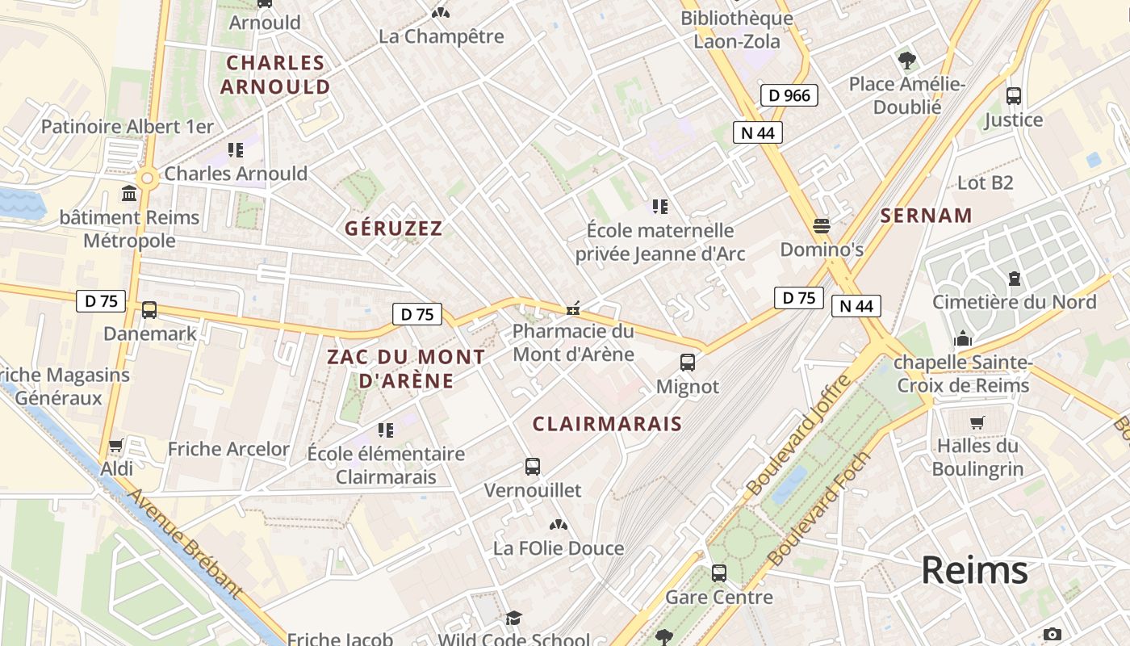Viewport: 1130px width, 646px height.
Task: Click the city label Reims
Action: pos(974,570)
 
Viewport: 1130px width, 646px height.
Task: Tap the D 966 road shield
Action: pos(789,95)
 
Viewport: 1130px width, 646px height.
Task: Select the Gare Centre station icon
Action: pos(719,573)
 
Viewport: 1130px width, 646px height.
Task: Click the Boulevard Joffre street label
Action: pos(798,435)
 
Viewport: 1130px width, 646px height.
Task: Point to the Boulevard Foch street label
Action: pos(819,508)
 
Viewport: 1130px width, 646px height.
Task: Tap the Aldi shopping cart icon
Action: pos(116,446)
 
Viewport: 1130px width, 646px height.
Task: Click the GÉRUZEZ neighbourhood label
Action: pos(394,229)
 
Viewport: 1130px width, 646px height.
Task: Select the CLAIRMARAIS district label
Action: pos(607,424)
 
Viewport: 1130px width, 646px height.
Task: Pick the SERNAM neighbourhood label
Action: pos(926,216)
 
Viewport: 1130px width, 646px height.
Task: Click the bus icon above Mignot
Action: pos(688,363)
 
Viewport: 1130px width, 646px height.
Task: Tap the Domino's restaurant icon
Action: pos(822,225)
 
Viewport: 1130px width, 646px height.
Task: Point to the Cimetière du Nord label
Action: pos(1014,302)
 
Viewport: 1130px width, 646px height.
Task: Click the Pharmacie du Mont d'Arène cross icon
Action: pos(573,308)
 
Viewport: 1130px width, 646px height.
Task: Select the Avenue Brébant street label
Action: pos(184,543)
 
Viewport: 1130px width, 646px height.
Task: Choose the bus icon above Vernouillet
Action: pos(533,466)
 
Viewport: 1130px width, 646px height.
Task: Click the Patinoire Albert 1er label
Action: pos(128,127)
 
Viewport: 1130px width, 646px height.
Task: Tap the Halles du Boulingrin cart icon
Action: pos(977,422)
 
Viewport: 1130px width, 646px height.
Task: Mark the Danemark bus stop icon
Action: pos(149,310)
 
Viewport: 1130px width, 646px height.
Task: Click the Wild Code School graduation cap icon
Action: pos(513,619)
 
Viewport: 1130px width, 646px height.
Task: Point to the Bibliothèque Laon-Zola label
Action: pos(737,29)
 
